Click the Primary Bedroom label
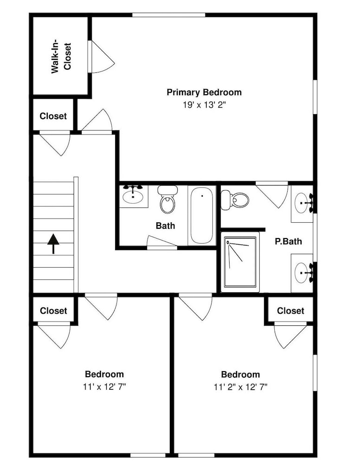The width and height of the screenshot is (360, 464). pos(204,92)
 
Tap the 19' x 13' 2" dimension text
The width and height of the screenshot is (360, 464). pos(204,105)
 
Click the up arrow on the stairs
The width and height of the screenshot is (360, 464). pos(53,244)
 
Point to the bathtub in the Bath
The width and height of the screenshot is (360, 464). pos(202,215)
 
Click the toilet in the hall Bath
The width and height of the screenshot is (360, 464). pos(167,199)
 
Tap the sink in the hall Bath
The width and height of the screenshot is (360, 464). pos(133,196)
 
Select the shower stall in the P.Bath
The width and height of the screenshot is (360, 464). pos(240,262)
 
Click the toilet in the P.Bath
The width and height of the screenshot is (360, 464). pos(235,200)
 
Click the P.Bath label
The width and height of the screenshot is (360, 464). pos(289,241)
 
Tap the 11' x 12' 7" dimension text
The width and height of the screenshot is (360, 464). pos(104,387)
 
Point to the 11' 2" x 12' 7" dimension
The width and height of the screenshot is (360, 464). pos(240,387)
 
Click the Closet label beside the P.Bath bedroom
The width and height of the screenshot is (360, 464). pos(290,311)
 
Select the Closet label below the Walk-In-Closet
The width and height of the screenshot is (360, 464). pos(53,116)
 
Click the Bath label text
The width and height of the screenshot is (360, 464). pos(165,226)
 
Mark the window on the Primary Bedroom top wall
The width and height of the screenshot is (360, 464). pos(168,15)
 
